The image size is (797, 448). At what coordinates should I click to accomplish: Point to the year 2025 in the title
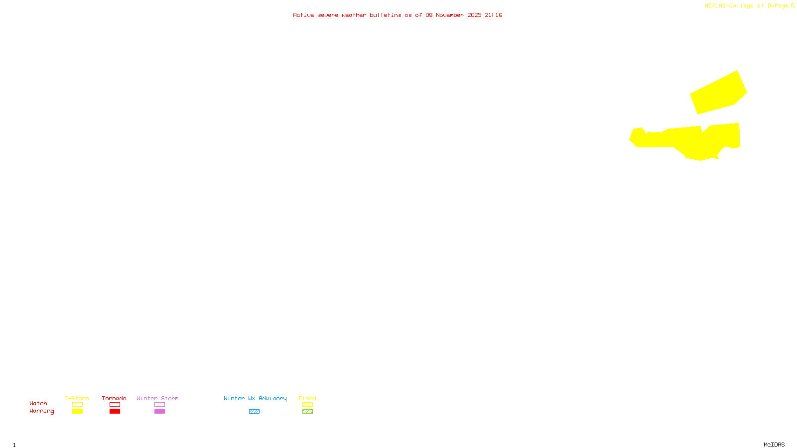[x=474, y=15]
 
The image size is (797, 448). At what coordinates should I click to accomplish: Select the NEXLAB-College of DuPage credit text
[x=747, y=5]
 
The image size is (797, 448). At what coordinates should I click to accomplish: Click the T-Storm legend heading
[x=77, y=398]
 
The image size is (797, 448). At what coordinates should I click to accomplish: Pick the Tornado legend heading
[x=114, y=398]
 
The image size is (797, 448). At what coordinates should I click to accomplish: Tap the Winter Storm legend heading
[x=157, y=398]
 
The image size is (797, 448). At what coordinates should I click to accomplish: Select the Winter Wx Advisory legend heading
[x=255, y=398]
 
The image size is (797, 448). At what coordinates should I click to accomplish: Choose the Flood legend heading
[x=307, y=398]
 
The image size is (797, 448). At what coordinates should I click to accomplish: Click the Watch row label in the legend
[x=38, y=403]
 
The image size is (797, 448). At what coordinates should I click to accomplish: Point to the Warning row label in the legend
[x=42, y=411]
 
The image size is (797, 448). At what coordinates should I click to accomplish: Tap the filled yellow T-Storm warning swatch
[x=77, y=412]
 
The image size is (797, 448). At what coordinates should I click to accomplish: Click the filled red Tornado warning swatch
[x=115, y=412]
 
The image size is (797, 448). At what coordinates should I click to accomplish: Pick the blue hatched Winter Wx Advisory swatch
[x=254, y=412]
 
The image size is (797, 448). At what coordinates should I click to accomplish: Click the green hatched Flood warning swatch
[x=307, y=412]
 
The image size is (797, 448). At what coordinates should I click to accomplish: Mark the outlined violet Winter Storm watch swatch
[x=159, y=405]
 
